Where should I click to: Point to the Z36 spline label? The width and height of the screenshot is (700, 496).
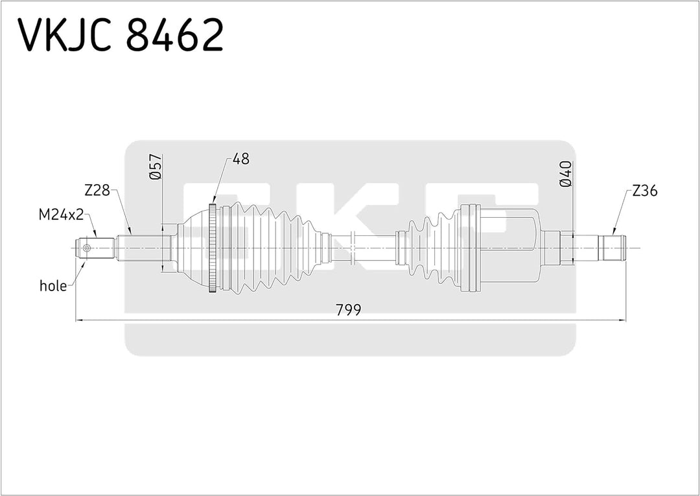click(644, 191)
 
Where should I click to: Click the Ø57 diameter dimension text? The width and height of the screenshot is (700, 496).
click(155, 167)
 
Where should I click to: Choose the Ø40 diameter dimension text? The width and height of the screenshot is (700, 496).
click(565, 174)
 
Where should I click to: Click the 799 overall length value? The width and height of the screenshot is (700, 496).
click(348, 309)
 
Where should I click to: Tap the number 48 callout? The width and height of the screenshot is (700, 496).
click(240, 159)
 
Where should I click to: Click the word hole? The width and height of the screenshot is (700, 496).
click(53, 286)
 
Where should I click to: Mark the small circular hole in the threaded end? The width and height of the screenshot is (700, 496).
click(87, 248)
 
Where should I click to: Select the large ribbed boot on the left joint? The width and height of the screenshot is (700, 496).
click(272, 248)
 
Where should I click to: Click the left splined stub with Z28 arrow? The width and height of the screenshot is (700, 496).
click(143, 248)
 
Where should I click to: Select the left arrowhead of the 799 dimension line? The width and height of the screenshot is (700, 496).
click(80, 320)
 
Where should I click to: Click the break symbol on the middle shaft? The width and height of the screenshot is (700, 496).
click(352, 248)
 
